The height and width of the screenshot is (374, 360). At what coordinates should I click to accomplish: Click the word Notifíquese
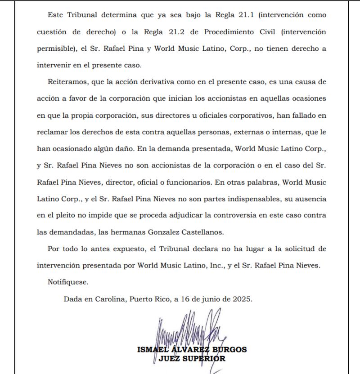click(x=68, y=282)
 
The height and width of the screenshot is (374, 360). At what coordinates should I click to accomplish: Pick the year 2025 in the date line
click(x=243, y=298)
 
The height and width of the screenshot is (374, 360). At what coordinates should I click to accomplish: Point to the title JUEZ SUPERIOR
click(x=192, y=359)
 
